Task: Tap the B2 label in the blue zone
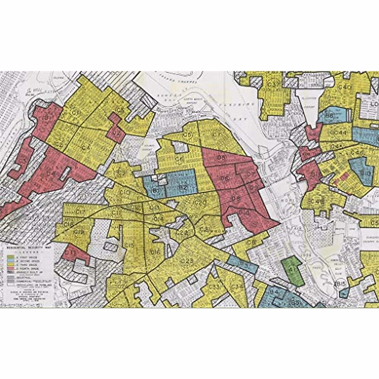pyautogui.click(x=183, y=187)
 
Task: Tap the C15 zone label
pyautogui.click(x=129, y=245)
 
